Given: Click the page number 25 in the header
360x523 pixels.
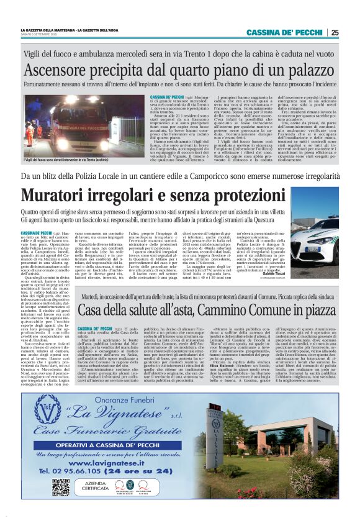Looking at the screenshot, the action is tap(335, 32).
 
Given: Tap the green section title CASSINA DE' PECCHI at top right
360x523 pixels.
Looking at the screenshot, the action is tap(284, 32).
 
